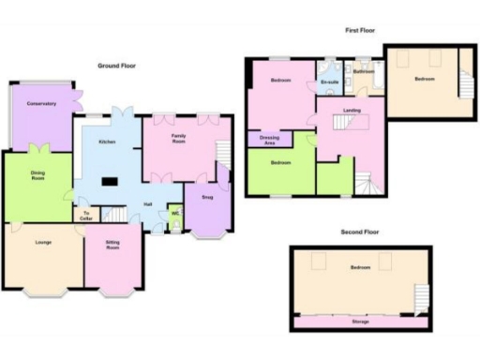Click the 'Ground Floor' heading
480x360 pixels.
117,66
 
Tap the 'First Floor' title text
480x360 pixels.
360,30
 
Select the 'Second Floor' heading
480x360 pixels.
360,231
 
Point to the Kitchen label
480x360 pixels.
107,142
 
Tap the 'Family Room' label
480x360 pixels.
179,138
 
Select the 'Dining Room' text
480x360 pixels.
37,175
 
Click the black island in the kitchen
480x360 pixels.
111,183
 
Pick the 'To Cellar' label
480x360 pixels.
87,217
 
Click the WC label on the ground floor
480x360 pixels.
175,213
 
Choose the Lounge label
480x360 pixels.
42,243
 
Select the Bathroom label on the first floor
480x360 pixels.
365,71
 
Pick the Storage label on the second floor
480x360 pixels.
360,322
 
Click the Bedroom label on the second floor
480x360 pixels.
360,268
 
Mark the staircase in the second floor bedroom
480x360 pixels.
419,298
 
